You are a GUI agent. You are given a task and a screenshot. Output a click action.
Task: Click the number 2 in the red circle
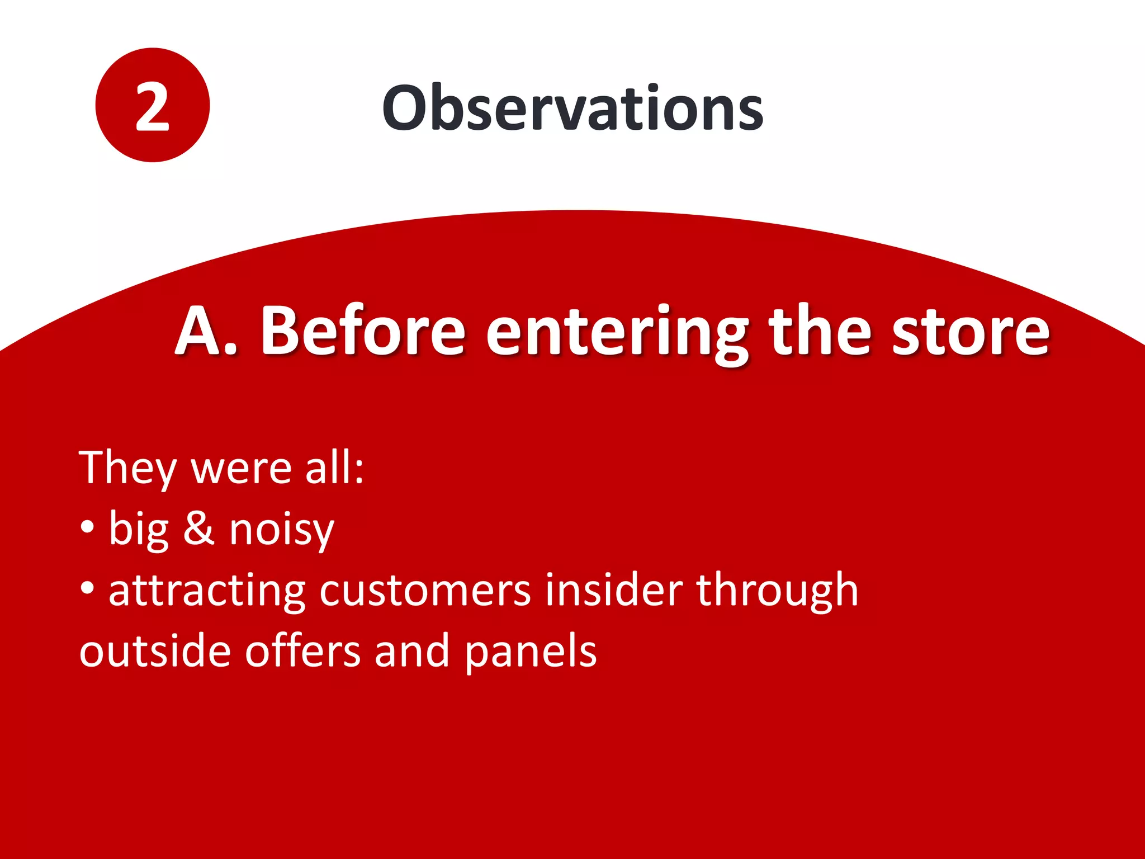point(152,106)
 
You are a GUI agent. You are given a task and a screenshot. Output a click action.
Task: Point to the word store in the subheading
point(971,333)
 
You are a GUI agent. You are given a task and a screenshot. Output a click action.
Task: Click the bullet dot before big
point(87,528)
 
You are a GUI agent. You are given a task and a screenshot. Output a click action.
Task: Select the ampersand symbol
point(199,528)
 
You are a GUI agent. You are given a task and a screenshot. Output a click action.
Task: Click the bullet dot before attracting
point(87,589)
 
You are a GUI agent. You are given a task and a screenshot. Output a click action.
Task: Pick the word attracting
point(207,592)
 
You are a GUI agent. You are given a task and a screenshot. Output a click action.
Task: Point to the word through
point(777,592)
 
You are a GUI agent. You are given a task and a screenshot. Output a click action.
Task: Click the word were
point(242,469)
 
